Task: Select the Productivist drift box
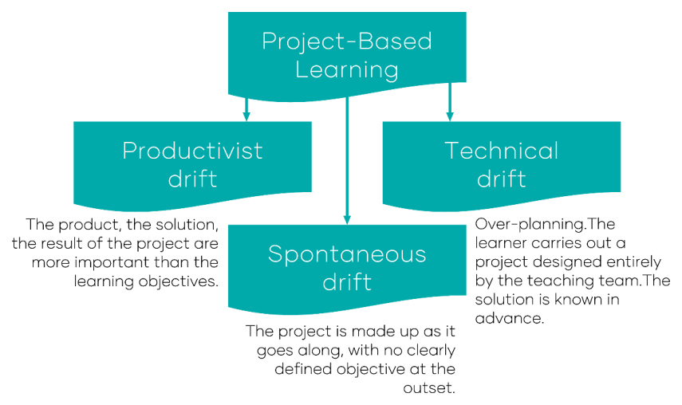(x=192, y=163)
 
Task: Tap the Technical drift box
(x=501, y=163)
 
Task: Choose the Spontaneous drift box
(x=346, y=267)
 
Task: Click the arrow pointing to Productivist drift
(x=246, y=108)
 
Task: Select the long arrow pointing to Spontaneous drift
(x=346, y=159)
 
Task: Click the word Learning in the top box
(x=346, y=69)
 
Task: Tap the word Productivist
(x=192, y=151)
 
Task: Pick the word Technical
(x=501, y=151)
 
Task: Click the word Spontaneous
(x=346, y=254)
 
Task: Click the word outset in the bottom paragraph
(x=431, y=388)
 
